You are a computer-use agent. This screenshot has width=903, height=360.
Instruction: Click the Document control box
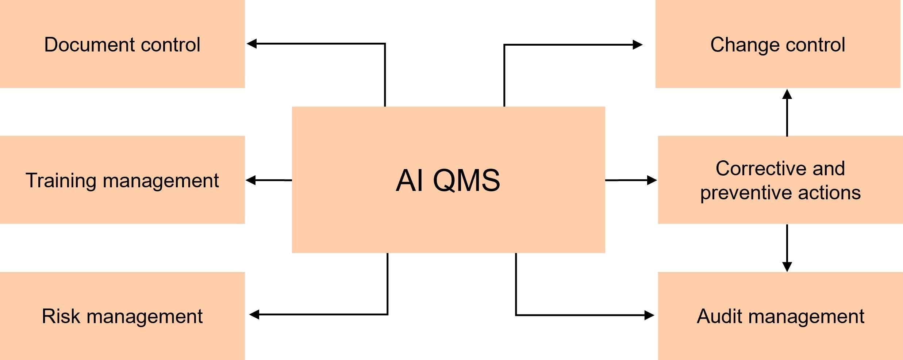click(x=122, y=44)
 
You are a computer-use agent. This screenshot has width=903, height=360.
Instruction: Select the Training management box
click(x=122, y=180)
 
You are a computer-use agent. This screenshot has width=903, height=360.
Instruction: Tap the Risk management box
click(x=122, y=316)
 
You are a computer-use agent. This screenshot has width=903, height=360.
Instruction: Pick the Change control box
click(x=778, y=44)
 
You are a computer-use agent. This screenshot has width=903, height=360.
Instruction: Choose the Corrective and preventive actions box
click(x=780, y=180)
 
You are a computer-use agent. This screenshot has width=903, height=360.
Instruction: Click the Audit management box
click(x=780, y=316)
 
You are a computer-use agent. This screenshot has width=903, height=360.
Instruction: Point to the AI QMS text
click(x=448, y=180)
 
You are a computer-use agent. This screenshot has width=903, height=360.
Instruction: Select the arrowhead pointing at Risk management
click(x=254, y=314)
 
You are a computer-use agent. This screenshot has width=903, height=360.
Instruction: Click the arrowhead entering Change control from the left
click(x=637, y=45)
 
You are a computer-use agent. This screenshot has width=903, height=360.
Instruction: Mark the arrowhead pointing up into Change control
click(x=787, y=94)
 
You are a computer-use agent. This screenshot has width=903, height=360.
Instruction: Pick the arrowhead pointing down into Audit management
click(x=787, y=267)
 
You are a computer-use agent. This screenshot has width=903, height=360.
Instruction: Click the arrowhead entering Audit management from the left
click(x=649, y=315)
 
